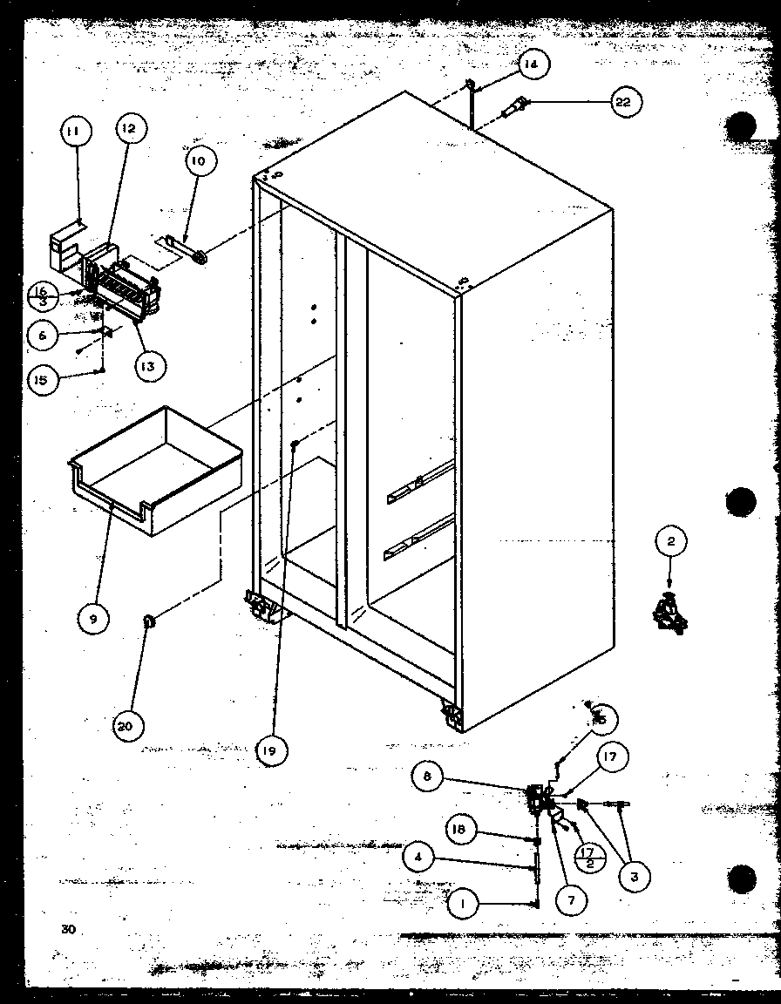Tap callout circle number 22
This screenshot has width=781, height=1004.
point(622,102)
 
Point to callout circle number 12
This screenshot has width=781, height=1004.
point(128,130)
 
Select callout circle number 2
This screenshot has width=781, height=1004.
point(670,542)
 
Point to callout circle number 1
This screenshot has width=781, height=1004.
point(463,906)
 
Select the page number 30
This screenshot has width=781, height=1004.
point(69,929)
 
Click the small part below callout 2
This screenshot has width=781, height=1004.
point(669,611)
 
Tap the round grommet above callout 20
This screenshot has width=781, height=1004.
point(149,621)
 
